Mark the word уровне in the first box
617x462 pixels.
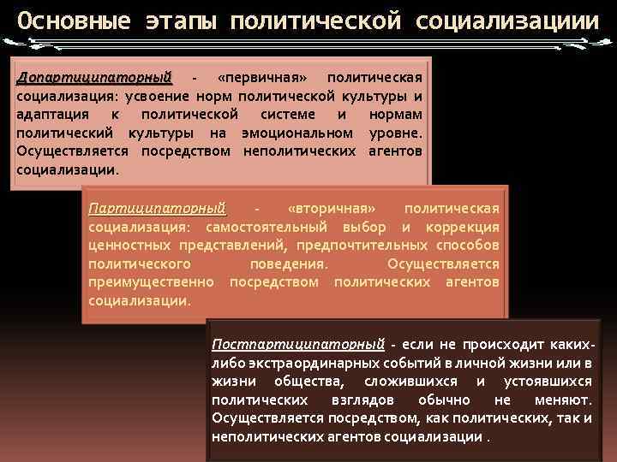(395, 133)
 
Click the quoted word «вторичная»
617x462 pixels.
(332, 208)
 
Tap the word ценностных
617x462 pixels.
(125, 245)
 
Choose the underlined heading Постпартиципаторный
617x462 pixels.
(297, 345)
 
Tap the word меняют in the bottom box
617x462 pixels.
(561, 400)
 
